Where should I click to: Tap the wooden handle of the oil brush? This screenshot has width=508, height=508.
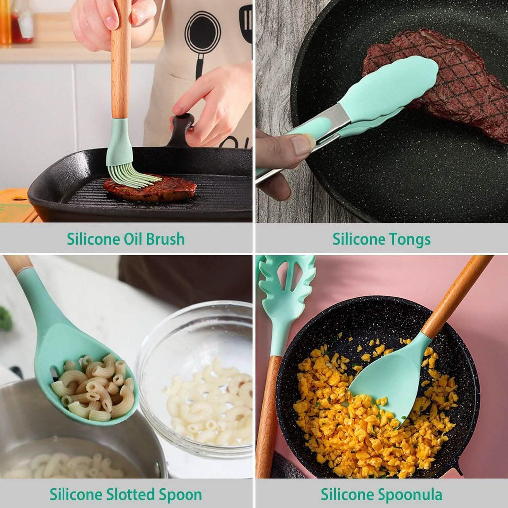click(121, 60)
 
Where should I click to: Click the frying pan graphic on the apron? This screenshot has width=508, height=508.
click(202, 35)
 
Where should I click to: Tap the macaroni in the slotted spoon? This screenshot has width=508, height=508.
click(94, 387)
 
